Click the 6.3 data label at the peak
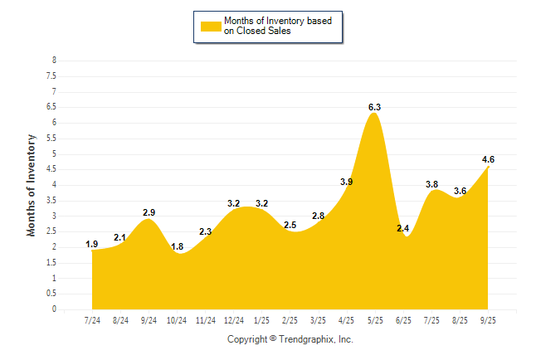point(374,107)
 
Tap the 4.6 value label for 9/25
point(488,159)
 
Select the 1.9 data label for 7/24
point(92,244)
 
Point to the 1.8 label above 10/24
point(177,246)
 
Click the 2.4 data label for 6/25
point(403,228)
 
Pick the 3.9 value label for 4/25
point(347,182)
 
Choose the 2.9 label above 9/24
point(149,213)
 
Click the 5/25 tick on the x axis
point(375,319)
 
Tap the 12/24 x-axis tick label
point(234,319)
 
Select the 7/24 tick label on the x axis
point(93,319)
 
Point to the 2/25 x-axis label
point(290,319)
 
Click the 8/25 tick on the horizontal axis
point(460,319)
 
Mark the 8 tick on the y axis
point(54,61)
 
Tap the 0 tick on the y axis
point(54,309)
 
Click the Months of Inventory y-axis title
point(32,184)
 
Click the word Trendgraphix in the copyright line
point(305,339)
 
